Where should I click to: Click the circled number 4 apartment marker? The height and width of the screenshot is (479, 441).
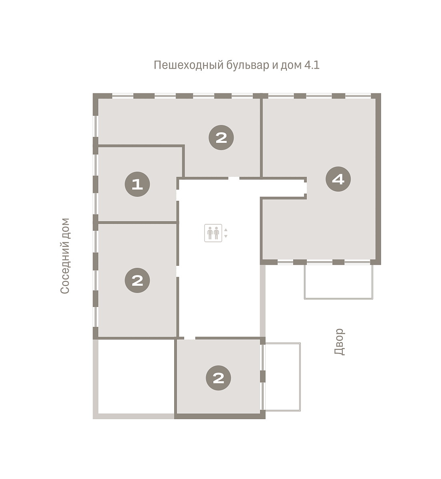pos(338,179)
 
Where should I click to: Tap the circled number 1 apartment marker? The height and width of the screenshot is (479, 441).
pos(137,184)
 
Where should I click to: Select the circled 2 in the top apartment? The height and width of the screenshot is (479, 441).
pos(221,138)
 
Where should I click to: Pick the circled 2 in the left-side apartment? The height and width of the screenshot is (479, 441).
pos(137,280)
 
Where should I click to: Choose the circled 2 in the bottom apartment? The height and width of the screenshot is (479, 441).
pos(218,378)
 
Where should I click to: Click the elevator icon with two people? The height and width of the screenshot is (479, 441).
pos(213,233)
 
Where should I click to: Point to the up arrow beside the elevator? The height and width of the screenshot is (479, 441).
pos(226,230)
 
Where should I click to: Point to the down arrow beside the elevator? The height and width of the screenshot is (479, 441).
pos(226,236)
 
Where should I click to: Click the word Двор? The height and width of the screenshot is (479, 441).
pos(339,342)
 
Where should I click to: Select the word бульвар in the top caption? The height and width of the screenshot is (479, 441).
pos(248,65)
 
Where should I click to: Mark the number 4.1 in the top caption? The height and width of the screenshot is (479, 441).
pos(312,65)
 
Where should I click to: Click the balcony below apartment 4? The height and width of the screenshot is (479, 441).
pos(338,282)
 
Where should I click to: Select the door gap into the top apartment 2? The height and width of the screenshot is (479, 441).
pos(234,178)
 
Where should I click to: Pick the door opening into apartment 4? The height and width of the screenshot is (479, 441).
pos(305,188)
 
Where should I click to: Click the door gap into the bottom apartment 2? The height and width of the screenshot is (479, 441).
pos(190,338)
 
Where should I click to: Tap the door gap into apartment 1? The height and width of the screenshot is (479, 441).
pos(178,195)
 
